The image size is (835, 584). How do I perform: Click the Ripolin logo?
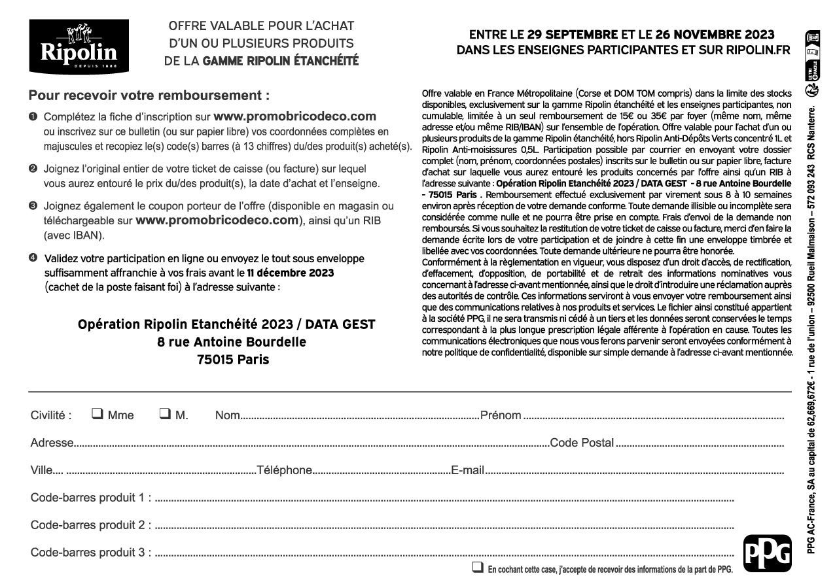(x=78, y=46)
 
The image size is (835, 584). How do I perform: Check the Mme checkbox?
(x=98, y=414)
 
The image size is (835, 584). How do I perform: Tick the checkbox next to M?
(x=165, y=414)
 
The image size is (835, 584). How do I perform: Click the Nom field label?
(x=227, y=415)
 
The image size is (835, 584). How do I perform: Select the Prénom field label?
(x=501, y=415)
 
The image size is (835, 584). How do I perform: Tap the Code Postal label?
(x=582, y=443)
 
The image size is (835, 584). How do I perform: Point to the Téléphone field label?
(x=285, y=470)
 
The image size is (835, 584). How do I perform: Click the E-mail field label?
(x=468, y=470)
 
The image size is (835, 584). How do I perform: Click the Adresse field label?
(x=52, y=443)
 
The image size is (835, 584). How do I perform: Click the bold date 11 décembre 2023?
(x=291, y=273)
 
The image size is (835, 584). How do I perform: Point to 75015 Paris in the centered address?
(x=233, y=360)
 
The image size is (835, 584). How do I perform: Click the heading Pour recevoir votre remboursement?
(x=149, y=95)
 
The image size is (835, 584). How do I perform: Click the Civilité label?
(x=51, y=415)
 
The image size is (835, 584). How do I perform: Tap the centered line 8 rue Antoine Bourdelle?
(x=232, y=342)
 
